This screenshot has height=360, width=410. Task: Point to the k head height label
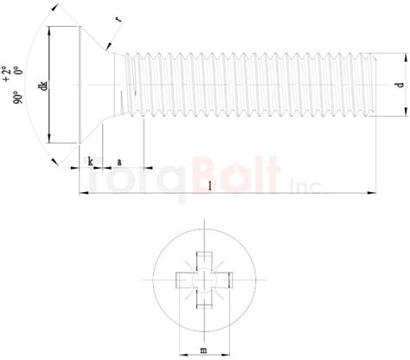[91, 161]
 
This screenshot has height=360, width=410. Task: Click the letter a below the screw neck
[118, 161]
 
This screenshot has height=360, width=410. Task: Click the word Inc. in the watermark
[308, 184]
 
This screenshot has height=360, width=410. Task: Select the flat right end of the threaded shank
[377, 85]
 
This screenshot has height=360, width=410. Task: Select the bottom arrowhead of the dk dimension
[50, 138]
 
